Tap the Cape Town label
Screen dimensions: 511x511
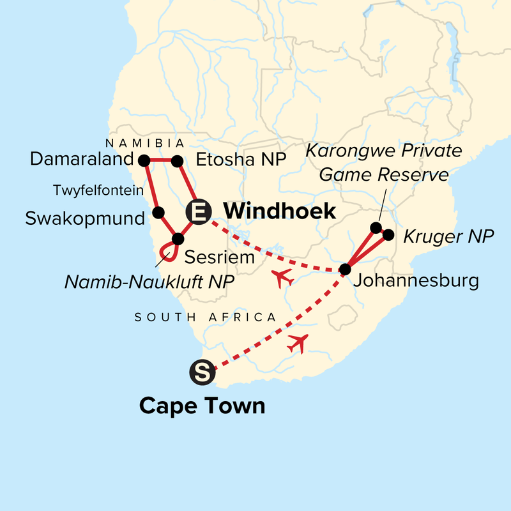(202, 406)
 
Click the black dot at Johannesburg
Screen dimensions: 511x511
(345, 270)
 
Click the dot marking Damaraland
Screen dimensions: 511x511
(144, 160)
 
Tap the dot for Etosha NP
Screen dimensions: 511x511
(178, 161)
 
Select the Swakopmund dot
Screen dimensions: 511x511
(159, 212)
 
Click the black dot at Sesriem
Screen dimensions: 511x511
(178, 239)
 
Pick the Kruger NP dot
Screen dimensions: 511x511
(388, 236)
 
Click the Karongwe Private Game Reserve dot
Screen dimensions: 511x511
(376, 227)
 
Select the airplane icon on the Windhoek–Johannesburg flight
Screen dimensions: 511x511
(282, 278)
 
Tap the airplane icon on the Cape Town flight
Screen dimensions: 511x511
(298, 343)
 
